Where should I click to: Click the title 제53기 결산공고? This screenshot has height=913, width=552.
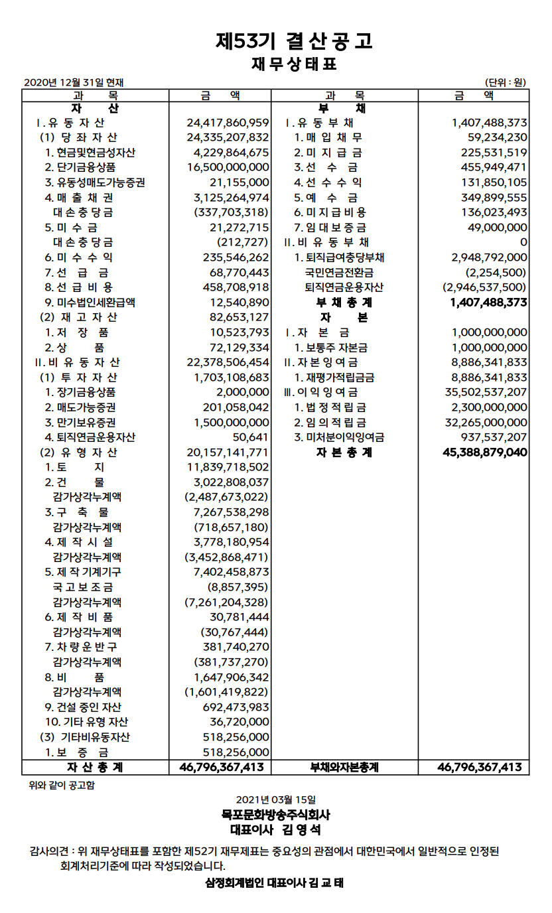point(294,41)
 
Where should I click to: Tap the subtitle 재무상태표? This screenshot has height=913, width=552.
point(294,64)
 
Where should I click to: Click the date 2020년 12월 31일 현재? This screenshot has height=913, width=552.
point(74,82)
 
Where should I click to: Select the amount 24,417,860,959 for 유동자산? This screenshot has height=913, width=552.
point(228,123)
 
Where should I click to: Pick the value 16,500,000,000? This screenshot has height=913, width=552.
point(228,167)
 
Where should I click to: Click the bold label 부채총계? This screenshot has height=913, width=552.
point(344,302)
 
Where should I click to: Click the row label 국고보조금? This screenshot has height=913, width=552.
point(83,587)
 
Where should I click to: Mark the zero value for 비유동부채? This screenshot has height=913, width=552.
point(523,242)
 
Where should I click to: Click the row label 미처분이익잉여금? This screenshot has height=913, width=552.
point(340,437)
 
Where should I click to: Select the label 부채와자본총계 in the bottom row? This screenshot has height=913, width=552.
point(344,767)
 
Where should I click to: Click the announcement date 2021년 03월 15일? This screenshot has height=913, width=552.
point(276,800)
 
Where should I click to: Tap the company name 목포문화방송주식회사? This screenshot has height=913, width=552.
point(276,815)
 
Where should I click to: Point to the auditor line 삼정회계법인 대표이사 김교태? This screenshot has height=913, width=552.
point(275,883)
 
